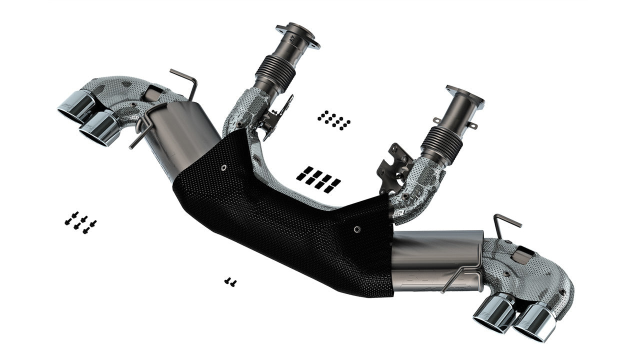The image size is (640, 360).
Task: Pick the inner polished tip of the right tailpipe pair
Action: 495,312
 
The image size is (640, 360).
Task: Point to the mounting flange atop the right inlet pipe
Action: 465,96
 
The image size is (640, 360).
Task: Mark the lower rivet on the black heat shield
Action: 356,229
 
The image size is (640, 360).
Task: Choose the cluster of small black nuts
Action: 333,120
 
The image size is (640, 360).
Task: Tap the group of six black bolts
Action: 80,223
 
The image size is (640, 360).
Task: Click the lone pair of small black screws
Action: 230,282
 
